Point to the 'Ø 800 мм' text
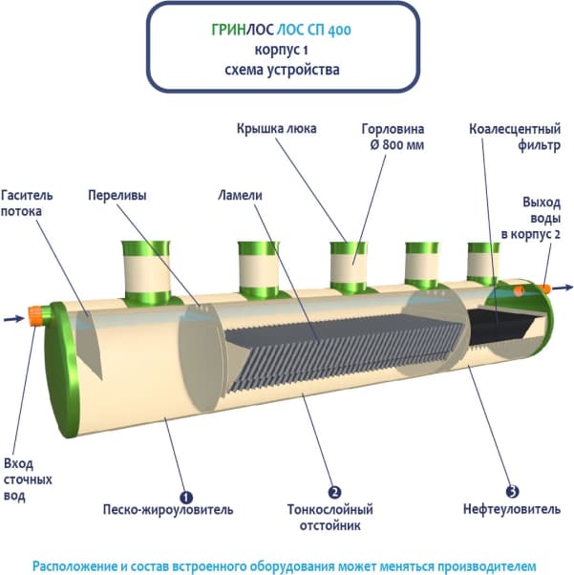tap(393, 145)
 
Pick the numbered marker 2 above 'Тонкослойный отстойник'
tap(334, 493)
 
